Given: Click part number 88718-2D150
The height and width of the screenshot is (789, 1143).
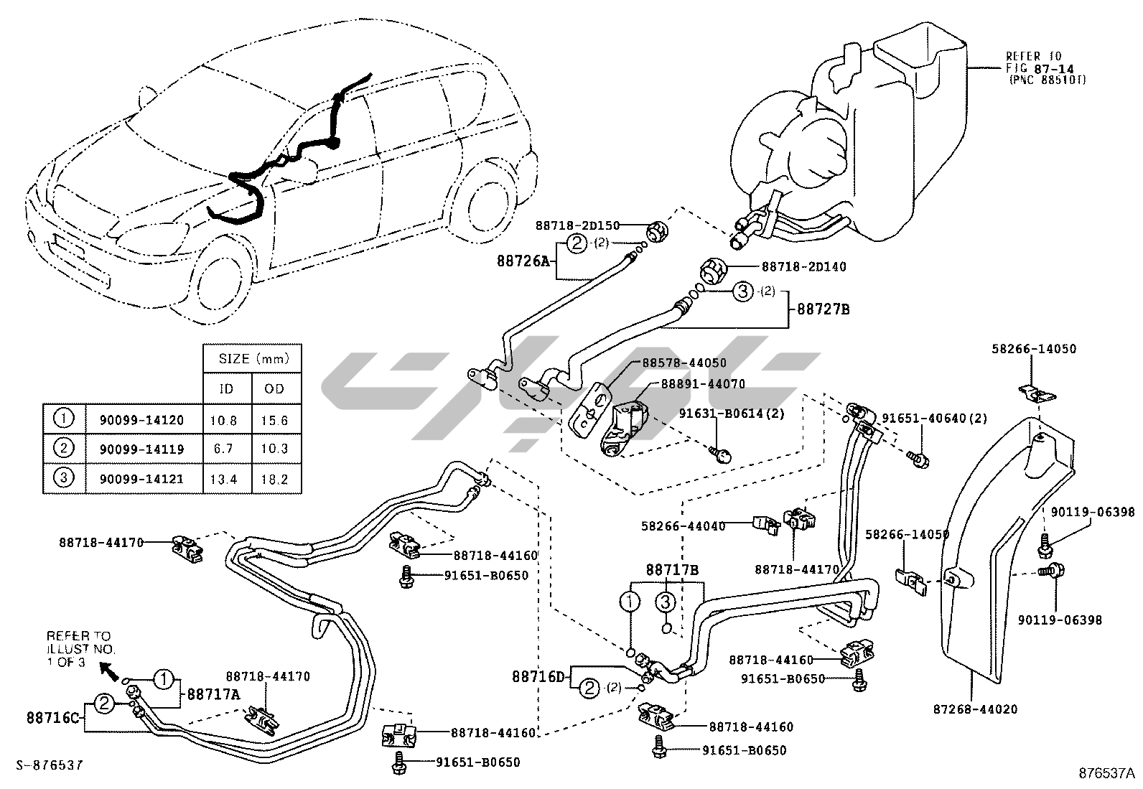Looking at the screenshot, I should tap(577, 225).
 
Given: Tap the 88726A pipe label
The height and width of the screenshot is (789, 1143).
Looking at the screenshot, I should tap(522, 261).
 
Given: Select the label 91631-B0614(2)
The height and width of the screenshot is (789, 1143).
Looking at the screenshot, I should tap(731, 414).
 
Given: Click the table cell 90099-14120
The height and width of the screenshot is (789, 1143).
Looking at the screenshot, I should tap(136, 421).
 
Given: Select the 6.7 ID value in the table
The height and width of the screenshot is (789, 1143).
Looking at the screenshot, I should tap(225, 449).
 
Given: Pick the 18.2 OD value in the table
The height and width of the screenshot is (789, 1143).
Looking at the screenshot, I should tap(275, 479).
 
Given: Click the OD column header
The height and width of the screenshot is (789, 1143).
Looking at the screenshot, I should tap(275, 389).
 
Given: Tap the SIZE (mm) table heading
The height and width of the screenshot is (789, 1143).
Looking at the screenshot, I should tap(251, 358).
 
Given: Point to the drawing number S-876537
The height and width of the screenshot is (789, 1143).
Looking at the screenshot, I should tap(48, 765).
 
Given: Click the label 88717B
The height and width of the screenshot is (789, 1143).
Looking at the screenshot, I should tap(672, 569).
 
